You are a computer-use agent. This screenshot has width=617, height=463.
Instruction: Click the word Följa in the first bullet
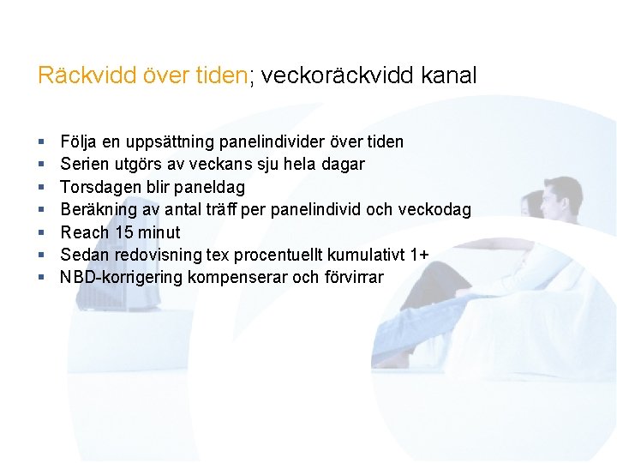click(x=78, y=141)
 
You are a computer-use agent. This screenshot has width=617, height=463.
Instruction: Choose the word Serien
click(x=83, y=164)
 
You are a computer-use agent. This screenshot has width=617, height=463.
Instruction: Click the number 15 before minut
click(x=123, y=232)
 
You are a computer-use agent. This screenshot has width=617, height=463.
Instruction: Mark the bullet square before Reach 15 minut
click(x=41, y=232)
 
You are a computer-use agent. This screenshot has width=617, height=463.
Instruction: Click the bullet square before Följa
click(x=41, y=141)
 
